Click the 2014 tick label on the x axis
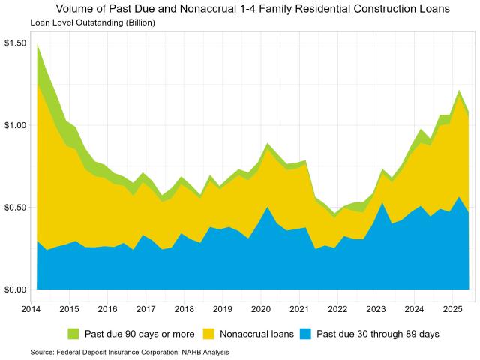click(31, 308)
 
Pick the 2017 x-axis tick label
click(145, 308)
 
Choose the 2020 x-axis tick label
click(261, 308)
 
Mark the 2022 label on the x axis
click(337, 308)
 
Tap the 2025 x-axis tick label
click(452, 308)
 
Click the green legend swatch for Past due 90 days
click(74, 333)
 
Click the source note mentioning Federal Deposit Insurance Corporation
click(130, 351)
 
